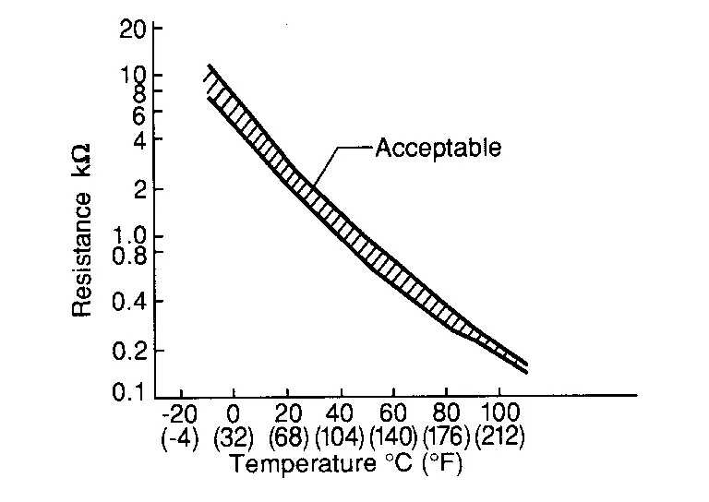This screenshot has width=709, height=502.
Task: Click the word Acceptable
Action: coord(439,148)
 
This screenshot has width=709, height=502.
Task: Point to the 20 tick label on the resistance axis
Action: coord(133,28)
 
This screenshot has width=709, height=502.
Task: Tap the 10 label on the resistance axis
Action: coord(133,75)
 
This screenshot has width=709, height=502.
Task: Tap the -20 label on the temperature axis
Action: coord(179,412)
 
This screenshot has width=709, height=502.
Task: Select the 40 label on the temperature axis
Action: coord(341,412)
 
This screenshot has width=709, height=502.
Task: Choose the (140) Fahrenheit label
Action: coord(394,436)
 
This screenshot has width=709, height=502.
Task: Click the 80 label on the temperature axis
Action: coord(447,412)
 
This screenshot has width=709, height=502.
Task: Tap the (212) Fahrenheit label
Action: coord(500,436)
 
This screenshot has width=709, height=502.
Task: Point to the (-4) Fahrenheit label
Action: coord(179,436)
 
